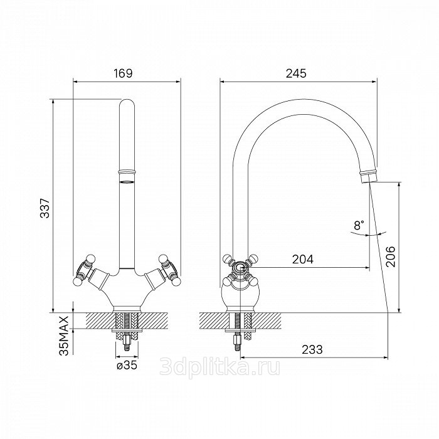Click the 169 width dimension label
tap(123, 73)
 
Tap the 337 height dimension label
tap(45, 208)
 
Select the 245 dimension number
tap(296, 73)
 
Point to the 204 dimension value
tap(303, 259)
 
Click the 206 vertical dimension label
tap(390, 257)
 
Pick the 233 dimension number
tap(312, 349)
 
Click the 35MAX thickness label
tap(64, 336)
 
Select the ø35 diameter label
tap(127, 365)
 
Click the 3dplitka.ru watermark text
tap(219, 367)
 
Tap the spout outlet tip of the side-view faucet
tap(369, 179)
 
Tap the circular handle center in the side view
tap(240, 267)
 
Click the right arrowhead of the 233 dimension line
tap(386, 357)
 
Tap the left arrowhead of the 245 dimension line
tap(222, 82)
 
